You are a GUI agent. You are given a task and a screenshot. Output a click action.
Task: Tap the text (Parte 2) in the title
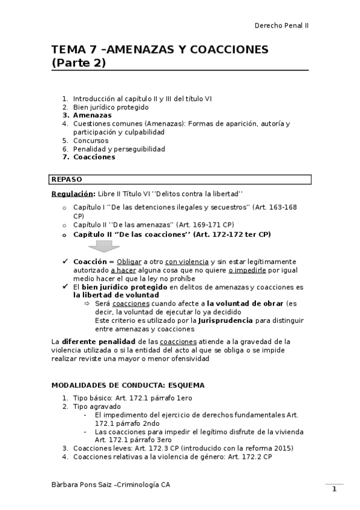point(78,63)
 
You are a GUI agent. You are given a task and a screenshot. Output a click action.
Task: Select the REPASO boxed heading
point(67,179)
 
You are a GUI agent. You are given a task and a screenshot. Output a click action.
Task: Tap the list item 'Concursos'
point(91,140)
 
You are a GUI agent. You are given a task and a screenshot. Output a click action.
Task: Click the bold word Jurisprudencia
point(233,321)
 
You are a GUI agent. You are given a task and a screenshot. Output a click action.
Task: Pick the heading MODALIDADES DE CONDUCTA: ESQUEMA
point(128,385)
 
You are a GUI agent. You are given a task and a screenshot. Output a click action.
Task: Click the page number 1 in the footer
point(335,489)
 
